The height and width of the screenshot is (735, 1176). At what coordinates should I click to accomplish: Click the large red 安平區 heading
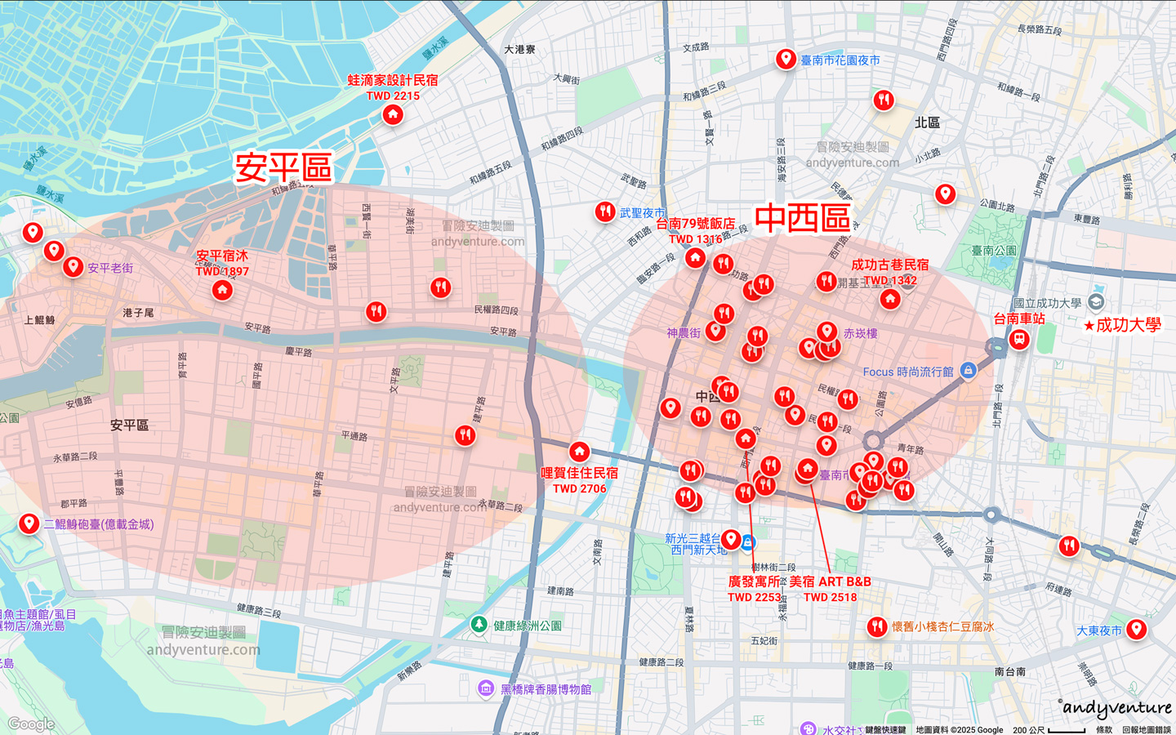pos(283,167)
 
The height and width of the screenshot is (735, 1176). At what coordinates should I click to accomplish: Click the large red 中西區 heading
pos(802,219)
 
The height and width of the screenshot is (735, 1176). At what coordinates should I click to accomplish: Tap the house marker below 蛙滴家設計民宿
pos(393,114)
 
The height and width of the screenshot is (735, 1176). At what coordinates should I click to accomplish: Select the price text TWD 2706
pos(579,488)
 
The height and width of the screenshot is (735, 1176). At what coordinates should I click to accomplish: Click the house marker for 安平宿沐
pos(222,290)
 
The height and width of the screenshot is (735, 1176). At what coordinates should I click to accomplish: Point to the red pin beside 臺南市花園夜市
pos(786,59)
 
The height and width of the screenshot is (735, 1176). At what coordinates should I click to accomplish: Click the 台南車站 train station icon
pos(1018,338)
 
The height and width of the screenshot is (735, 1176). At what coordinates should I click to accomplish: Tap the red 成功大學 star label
pos(1122,325)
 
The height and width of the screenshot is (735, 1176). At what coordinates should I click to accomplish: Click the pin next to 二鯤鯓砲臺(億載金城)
pos(29,523)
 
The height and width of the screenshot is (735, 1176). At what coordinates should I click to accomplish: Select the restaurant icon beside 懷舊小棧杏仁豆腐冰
pos(876,626)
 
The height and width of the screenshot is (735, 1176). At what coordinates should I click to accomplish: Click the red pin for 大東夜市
pos(1136,628)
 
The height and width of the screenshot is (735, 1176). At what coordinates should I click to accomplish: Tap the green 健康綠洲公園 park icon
pos(479,625)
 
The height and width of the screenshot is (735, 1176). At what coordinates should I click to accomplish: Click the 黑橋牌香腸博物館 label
pos(546,689)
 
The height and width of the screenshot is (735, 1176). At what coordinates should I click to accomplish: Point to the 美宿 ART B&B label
pos(830,581)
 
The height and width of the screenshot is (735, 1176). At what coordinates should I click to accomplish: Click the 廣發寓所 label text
pos(755,581)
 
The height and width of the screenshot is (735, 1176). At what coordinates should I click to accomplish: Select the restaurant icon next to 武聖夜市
pos(604,212)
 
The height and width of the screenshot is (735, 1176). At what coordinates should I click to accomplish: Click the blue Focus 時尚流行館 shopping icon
pos(968,371)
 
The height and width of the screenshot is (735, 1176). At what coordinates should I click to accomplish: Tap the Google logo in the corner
pos(31,724)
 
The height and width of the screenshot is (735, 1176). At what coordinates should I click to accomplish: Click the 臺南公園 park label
pos(994,251)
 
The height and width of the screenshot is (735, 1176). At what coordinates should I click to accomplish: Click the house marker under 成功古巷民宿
pos(890,299)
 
